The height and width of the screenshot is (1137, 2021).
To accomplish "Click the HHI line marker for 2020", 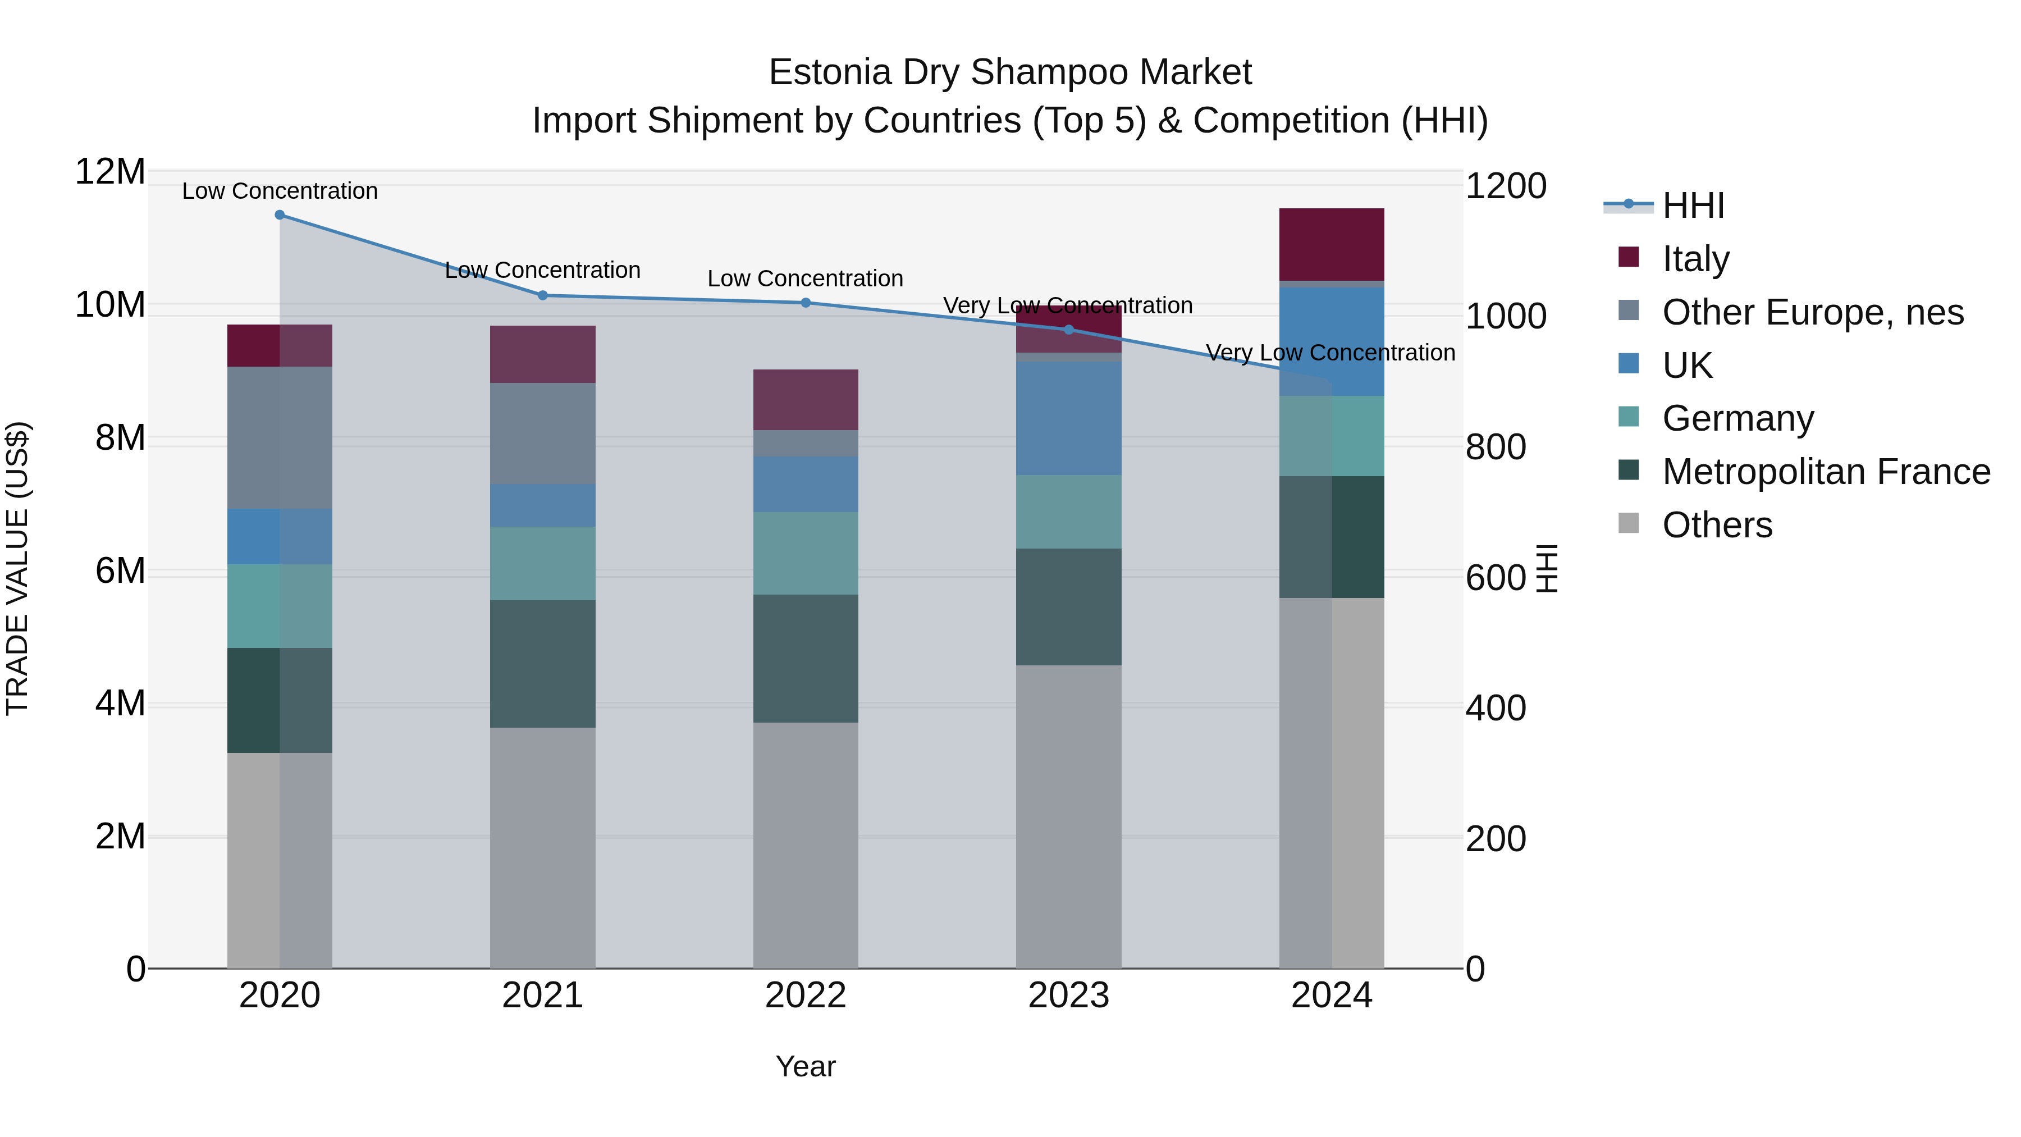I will click(x=280, y=215).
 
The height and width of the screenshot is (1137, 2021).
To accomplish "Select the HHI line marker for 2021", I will click(x=542, y=296).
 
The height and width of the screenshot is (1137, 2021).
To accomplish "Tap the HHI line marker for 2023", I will click(x=1068, y=330).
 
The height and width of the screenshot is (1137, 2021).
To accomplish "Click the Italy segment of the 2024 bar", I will click(x=1332, y=244).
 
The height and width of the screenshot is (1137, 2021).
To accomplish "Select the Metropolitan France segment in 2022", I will click(x=805, y=659).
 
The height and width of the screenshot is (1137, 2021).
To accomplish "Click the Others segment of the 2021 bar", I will click(x=542, y=847).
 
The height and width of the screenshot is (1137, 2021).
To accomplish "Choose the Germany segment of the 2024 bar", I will click(x=1332, y=436).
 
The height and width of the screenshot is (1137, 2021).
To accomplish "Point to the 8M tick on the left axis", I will click(x=120, y=438).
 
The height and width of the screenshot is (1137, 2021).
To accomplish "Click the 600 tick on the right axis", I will click(x=1496, y=578).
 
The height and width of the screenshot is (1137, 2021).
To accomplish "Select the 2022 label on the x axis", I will click(x=805, y=996).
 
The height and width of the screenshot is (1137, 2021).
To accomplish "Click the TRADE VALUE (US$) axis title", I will click(x=17, y=568).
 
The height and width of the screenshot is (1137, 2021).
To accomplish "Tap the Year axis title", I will click(x=805, y=1066).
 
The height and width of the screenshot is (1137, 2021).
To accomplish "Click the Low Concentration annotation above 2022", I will click(x=805, y=278).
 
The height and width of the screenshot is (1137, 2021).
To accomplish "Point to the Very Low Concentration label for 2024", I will click(x=1330, y=353).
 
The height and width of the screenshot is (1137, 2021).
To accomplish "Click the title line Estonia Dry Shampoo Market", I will click(x=1010, y=72).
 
